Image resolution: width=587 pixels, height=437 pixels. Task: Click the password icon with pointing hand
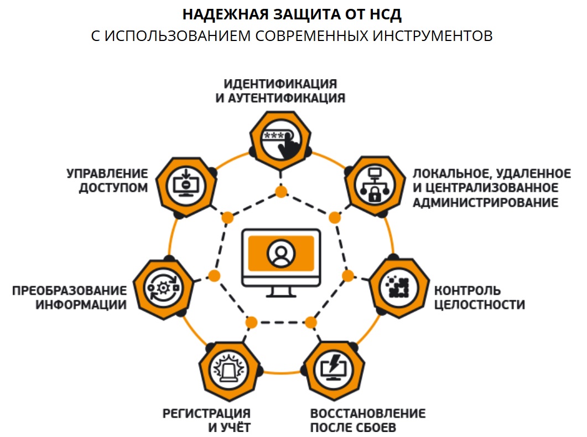click(x=280, y=138)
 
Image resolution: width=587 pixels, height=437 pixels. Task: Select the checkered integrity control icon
click(x=398, y=286)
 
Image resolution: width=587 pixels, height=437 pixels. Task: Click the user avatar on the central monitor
click(x=280, y=253)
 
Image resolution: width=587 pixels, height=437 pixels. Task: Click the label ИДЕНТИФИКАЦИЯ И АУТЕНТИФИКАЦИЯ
click(x=280, y=91)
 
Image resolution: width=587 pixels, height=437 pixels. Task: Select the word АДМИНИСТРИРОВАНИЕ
click(x=485, y=203)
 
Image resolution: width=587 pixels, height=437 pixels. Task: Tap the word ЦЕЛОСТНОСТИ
click(x=479, y=305)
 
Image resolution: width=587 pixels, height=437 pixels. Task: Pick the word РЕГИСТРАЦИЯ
click(x=206, y=414)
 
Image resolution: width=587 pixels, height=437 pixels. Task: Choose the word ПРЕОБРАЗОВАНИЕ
click(x=70, y=291)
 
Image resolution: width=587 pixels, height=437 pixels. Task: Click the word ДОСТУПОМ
click(x=113, y=187)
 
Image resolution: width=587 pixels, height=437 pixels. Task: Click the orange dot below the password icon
click(x=281, y=192)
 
